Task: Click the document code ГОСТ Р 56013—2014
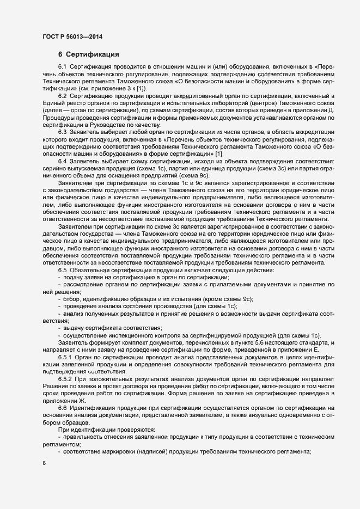point(72,37)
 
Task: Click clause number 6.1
point(64,66)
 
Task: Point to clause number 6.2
point(64,96)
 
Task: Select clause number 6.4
point(64,162)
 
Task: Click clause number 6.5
point(64,271)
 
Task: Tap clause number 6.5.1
point(66,357)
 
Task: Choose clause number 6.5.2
point(66,378)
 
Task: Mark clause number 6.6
point(64,408)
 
